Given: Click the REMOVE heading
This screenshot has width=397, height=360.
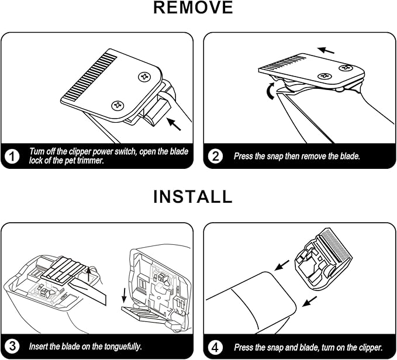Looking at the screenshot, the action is [x=193, y=8].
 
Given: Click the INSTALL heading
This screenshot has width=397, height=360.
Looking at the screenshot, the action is [x=193, y=196].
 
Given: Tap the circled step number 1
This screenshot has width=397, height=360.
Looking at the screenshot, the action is [x=12, y=156].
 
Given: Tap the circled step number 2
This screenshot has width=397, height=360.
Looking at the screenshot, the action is [x=215, y=156].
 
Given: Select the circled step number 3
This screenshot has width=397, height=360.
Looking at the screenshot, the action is [x=12, y=347].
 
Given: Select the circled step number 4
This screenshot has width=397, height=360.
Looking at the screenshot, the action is [x=215, y=347].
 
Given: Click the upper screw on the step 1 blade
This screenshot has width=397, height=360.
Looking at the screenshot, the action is [x=145, y=77].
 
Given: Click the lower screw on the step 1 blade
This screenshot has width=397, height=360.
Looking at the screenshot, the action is [x=118, y=105].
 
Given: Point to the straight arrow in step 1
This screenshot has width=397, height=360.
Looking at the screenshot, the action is [x=174, y=124].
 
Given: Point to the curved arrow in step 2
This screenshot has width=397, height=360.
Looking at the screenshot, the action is [x=270, y=91].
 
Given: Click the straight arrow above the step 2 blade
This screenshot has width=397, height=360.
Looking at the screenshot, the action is [x=326, y=50].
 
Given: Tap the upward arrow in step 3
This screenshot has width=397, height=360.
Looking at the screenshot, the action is [x=89, y=274].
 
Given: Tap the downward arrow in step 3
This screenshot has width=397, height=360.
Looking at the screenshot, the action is [x=124, y=295].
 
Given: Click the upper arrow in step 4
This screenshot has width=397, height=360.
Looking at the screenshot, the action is [x=282, y=265].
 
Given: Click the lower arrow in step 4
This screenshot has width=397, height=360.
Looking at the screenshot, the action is [x=310, y=302].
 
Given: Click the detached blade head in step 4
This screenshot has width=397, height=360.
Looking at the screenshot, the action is [x=323, y=258].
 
